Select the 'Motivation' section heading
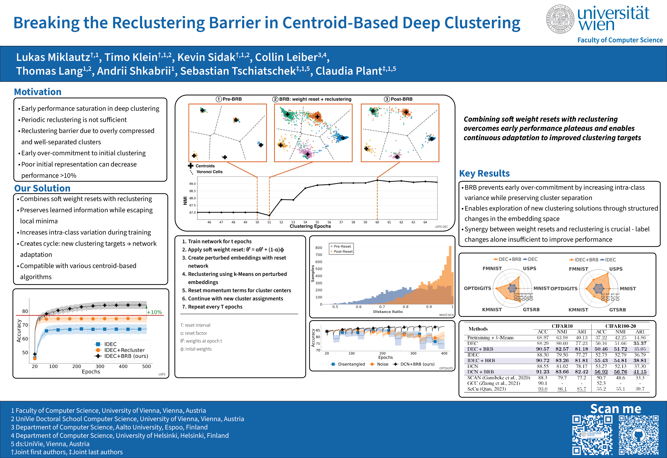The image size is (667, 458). pos(38,92)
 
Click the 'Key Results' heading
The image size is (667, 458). pos(484,173)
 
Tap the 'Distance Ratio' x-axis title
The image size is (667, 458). pos(388,312)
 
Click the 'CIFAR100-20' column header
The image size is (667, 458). pos(621,326)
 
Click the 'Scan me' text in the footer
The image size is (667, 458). pos(616,409)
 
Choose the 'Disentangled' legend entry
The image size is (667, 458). pos(351,364)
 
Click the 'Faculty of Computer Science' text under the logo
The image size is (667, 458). pos(620,40)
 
